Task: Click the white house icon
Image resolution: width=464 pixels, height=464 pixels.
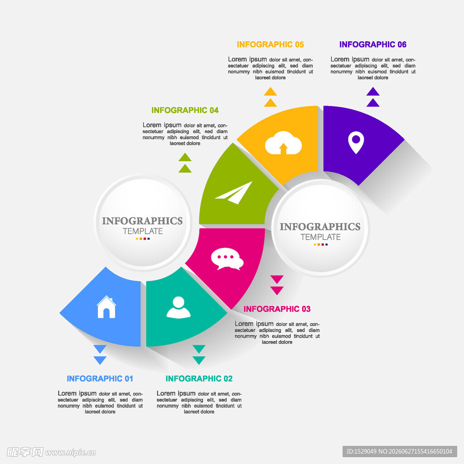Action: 106,307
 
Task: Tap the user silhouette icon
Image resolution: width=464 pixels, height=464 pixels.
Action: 179,308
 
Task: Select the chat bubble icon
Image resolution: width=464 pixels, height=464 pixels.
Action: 227,259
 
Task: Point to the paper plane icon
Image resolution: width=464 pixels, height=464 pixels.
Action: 234,193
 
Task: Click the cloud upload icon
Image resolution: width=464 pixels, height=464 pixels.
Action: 283,143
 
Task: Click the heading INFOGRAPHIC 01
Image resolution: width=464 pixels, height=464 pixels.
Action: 100,378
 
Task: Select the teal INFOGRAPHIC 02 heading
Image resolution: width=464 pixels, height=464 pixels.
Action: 199,378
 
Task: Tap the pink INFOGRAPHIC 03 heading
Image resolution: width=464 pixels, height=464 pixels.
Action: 277,309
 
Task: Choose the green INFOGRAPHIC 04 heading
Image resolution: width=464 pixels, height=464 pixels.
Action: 185,110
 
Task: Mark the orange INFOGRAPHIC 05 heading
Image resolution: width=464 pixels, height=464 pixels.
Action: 270,44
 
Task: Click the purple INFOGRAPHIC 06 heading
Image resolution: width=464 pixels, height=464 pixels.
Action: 373,44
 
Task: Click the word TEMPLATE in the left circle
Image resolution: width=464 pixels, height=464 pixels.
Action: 143,231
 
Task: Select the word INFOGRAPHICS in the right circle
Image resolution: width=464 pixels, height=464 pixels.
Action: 320,227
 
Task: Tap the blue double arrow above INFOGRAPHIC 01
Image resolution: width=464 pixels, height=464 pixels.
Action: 100,354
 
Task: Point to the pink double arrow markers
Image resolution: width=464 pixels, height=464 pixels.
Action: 277,285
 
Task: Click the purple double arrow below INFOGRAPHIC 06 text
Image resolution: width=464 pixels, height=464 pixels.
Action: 373,97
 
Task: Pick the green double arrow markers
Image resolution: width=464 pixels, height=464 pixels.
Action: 185,163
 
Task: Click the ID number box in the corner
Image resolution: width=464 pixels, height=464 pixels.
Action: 400,452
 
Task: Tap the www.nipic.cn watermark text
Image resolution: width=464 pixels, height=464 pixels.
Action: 70,453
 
